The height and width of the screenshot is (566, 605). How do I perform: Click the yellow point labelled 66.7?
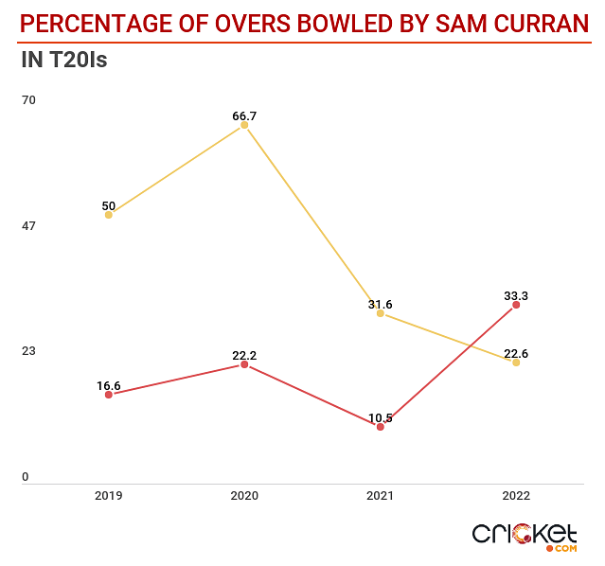[244, 125]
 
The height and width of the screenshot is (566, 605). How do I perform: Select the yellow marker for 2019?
[109, 215]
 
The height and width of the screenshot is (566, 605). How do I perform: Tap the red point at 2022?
[516, 305]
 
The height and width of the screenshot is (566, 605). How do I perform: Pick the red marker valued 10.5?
[381, 427]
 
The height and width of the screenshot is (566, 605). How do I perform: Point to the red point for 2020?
[244, 364]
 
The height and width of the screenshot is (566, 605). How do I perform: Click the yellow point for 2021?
[381, 313]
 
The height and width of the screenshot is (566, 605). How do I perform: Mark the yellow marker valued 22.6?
[516, 363]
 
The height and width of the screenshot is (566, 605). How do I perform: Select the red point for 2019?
[109, 395]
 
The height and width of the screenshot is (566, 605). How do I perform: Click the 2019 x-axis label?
[109, 496]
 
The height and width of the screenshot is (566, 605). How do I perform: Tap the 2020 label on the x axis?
[244, 496]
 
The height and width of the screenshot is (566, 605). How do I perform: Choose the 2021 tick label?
[381, 496]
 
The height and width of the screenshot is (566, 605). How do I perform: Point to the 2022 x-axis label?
[516, 496]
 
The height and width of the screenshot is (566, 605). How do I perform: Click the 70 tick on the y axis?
[28, 100]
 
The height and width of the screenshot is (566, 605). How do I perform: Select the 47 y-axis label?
[28, 225]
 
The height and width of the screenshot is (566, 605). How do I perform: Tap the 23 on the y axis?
[28, 350]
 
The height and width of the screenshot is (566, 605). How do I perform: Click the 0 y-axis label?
[26, 477]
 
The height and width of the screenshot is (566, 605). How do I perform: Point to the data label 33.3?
[516, 296]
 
